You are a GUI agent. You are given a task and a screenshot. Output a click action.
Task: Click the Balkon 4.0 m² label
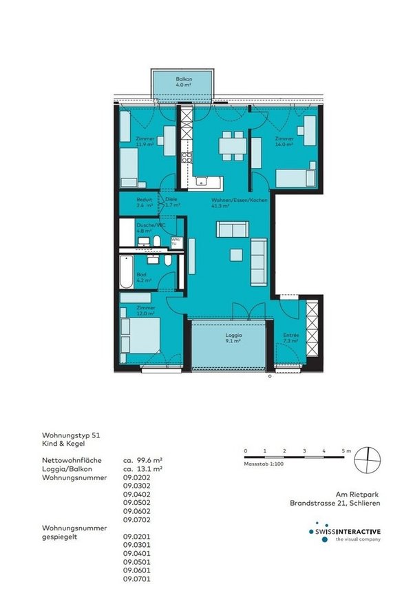(183, 83)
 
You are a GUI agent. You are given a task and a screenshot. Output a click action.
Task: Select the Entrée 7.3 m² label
(290, 338)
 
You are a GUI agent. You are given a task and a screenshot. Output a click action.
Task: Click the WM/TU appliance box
(174, 242)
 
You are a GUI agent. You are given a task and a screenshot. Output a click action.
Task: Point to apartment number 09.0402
(136, 494)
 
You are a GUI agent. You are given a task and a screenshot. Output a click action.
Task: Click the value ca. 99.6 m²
(142, 459)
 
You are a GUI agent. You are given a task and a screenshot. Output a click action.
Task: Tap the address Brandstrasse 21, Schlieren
(334, 504)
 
